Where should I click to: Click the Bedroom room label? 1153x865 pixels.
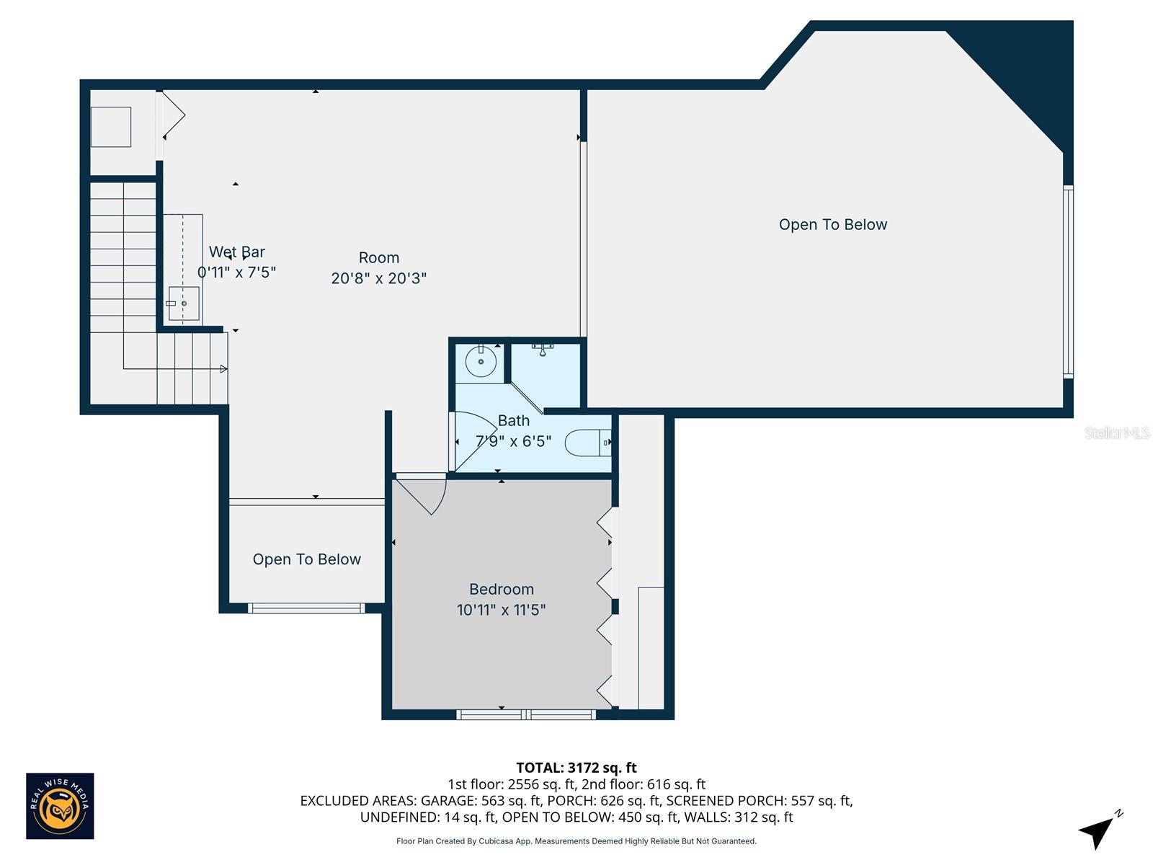[501, 590]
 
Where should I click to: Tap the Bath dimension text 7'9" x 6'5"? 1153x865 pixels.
[513, 441]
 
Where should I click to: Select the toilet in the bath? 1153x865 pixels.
[587, 443]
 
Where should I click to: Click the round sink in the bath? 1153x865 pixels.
[481, 361]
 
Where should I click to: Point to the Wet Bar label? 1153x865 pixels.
[236, 252]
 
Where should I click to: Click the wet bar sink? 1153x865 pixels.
[184, 303]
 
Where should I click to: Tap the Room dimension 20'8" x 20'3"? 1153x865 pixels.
[378, 278]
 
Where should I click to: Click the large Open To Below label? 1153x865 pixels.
[832, 225]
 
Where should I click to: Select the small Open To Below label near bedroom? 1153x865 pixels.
[306, 559]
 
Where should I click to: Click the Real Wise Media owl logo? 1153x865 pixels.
[60, 806]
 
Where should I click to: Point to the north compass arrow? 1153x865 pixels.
[1097, 831]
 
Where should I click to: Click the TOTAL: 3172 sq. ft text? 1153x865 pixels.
[576, 768]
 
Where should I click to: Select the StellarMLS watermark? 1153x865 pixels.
[1116, 432]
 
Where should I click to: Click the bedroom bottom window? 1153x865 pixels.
[526, 714]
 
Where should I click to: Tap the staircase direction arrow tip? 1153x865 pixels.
[224, 369]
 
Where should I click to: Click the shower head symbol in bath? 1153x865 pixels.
[542, 351]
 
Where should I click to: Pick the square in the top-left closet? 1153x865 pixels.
[111, 127]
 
